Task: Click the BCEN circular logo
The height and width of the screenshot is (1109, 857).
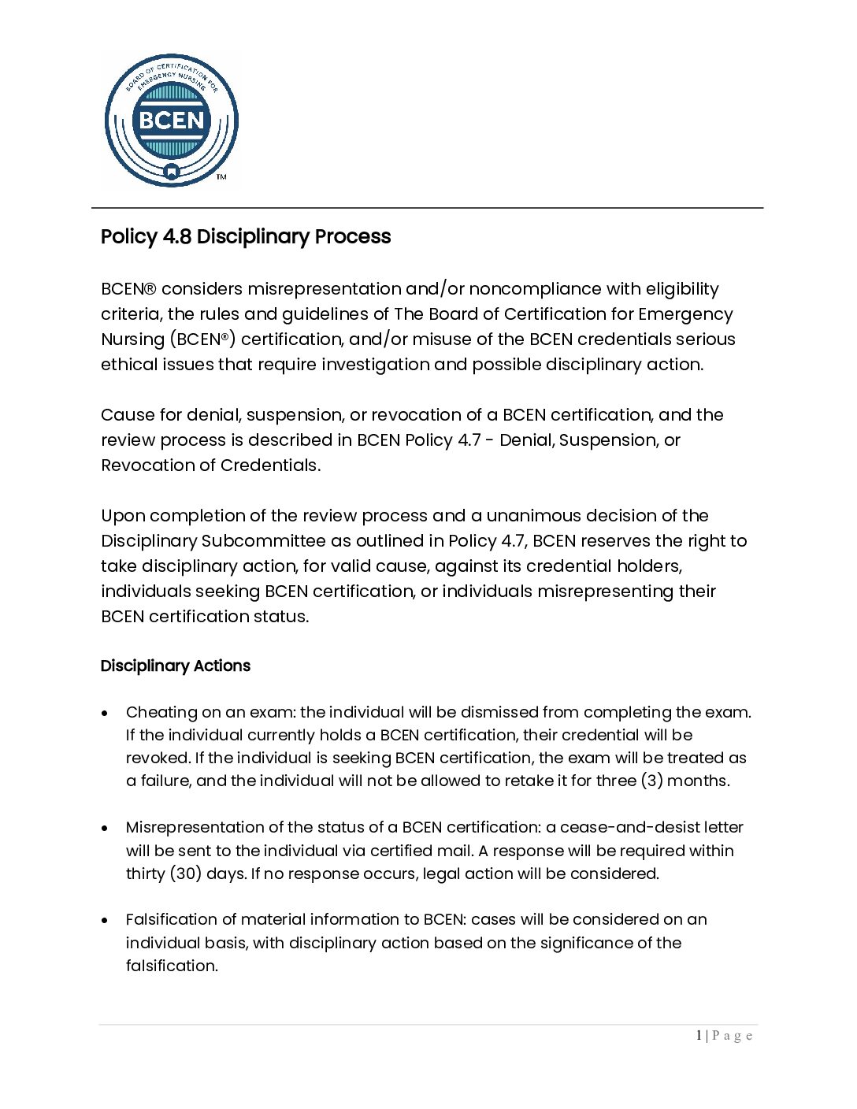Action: pos(171,121)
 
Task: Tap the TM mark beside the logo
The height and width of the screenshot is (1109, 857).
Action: pos(221,177)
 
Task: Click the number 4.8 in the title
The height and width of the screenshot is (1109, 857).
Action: pos(176,236)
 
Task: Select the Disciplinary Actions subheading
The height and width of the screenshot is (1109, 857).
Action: pos(175,666)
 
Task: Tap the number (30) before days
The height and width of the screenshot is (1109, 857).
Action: pos(185,873)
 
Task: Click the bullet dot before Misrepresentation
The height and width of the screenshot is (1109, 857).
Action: pos(105,828)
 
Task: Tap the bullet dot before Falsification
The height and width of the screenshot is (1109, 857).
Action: pos(105,920)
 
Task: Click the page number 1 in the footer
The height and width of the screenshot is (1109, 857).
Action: pos(699,1036)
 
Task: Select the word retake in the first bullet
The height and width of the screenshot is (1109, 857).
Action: pos(514,781)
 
